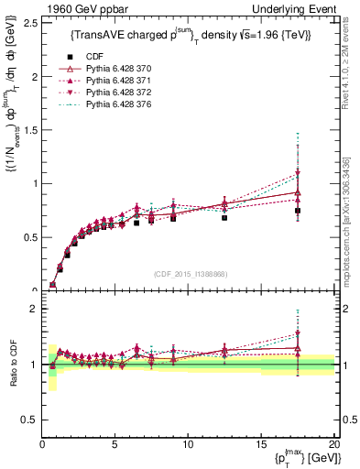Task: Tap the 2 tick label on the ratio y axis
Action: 34,309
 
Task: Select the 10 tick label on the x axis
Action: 188,444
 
